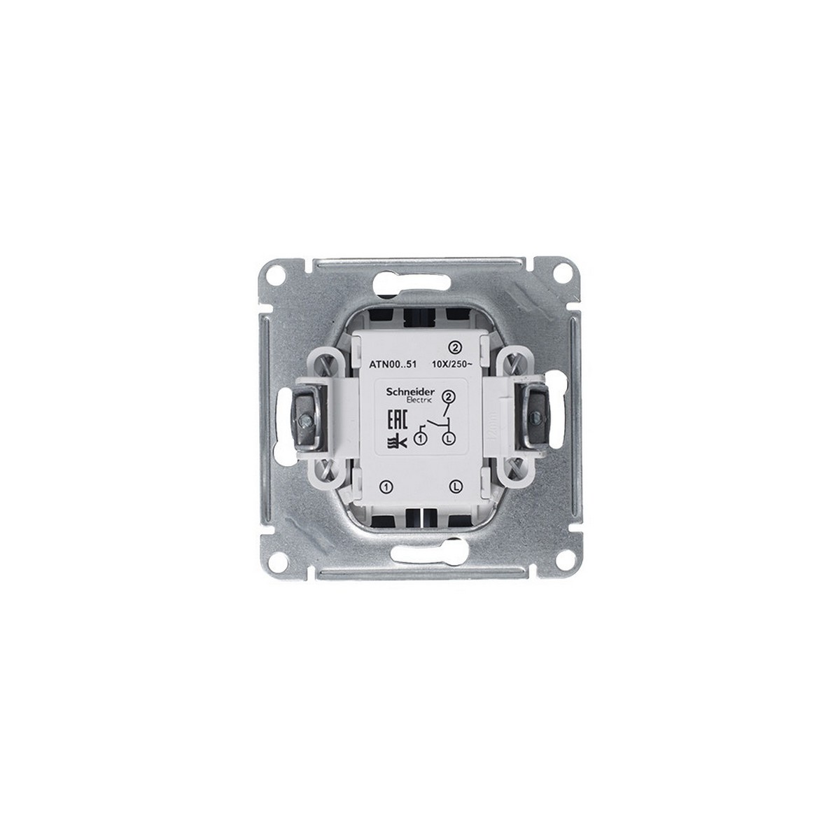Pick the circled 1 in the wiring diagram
pyautogui.click(x=420, y=440)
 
